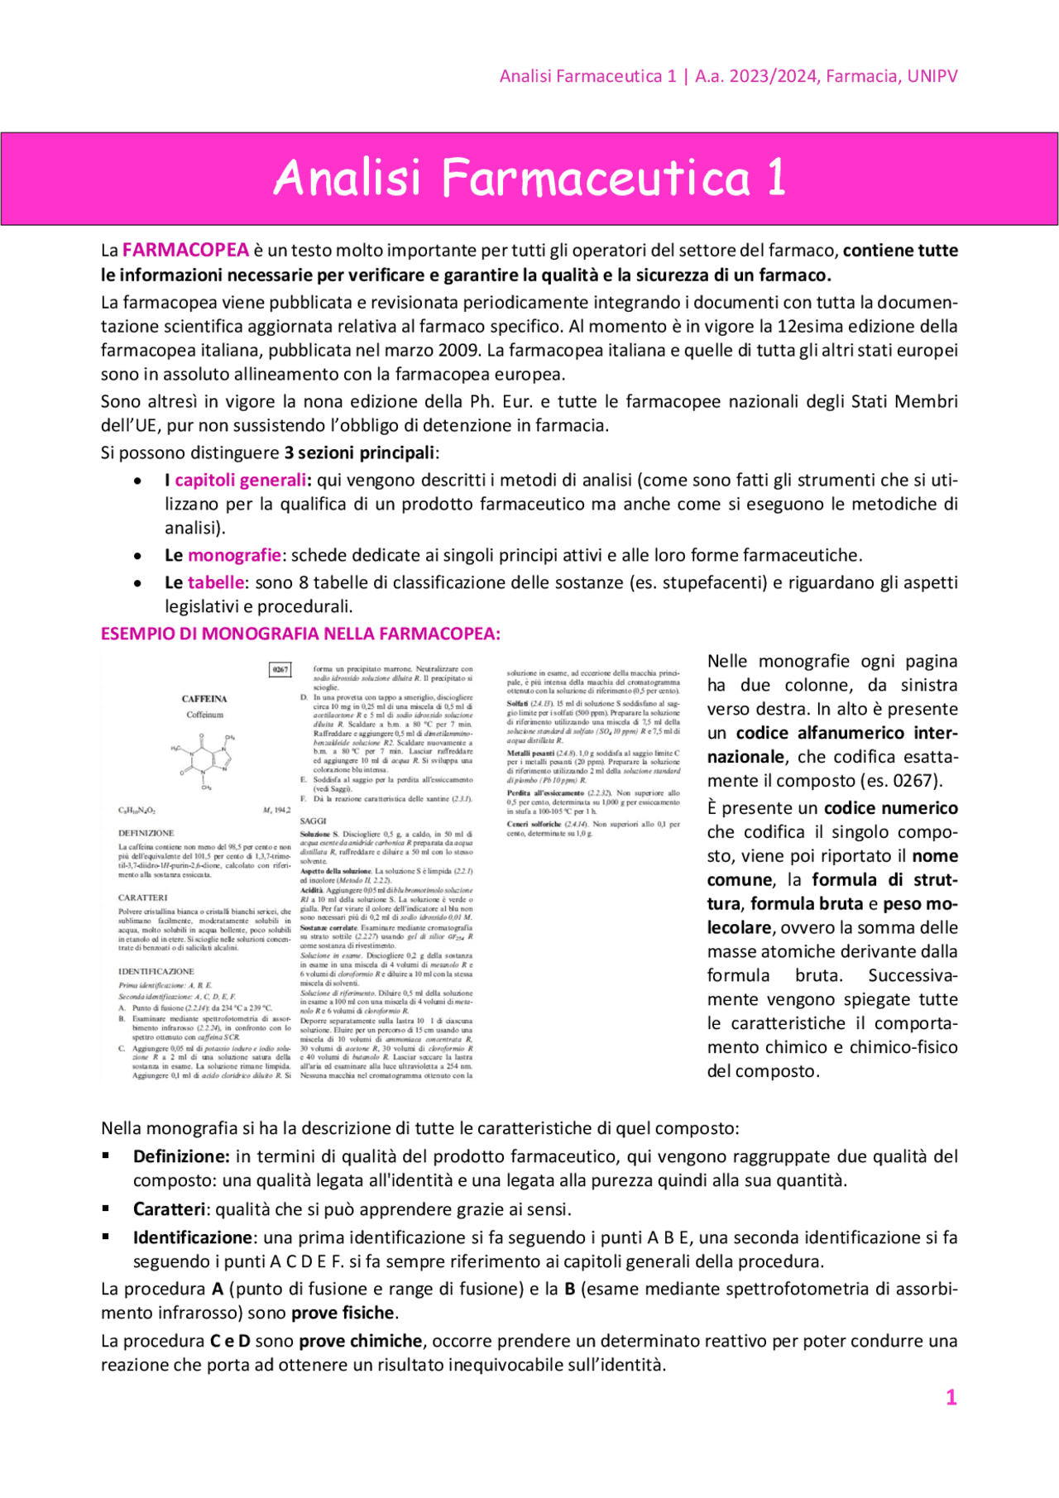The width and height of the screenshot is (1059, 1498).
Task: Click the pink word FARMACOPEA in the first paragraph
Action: click(x=185, y=250)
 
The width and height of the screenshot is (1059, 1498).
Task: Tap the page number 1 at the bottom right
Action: click(x=951, y=1397)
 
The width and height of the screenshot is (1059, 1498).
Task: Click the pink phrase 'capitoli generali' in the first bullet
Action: click(x=240, y=480)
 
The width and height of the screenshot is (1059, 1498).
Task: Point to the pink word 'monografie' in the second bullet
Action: click(x=234, y=555)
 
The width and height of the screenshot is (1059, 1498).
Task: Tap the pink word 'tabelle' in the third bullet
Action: click(x=216, y=582)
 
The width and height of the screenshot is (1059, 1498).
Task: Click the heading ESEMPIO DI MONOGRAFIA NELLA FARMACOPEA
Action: click(x=300, y=634)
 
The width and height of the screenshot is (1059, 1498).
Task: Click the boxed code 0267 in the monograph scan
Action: click(x=280, y=669)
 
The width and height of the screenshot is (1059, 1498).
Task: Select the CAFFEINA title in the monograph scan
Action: click(x=204, y=699)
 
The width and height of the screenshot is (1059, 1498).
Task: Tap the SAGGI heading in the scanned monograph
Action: click(x=312, y=821)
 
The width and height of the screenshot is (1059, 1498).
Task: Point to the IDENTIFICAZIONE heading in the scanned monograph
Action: click(x=156, y=971)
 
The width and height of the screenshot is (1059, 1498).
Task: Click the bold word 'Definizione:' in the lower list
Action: click(x=180, y=1156)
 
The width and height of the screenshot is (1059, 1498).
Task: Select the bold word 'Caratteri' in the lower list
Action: click(x=169, y=1209)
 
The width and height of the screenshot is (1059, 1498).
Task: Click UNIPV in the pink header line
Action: click(x=932, y=76)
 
